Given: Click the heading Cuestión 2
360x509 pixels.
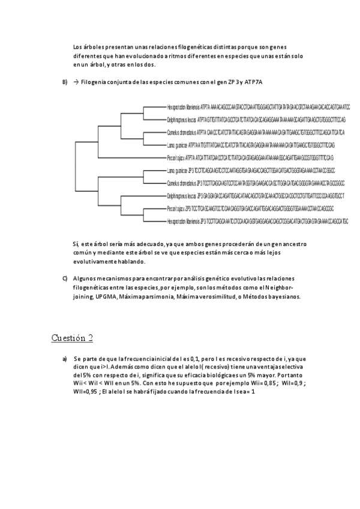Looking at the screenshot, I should point(72,337).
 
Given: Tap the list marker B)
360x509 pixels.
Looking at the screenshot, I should point(65,82).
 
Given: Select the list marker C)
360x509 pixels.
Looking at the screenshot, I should point(65,279).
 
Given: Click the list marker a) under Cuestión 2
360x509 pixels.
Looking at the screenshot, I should point(65,358).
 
